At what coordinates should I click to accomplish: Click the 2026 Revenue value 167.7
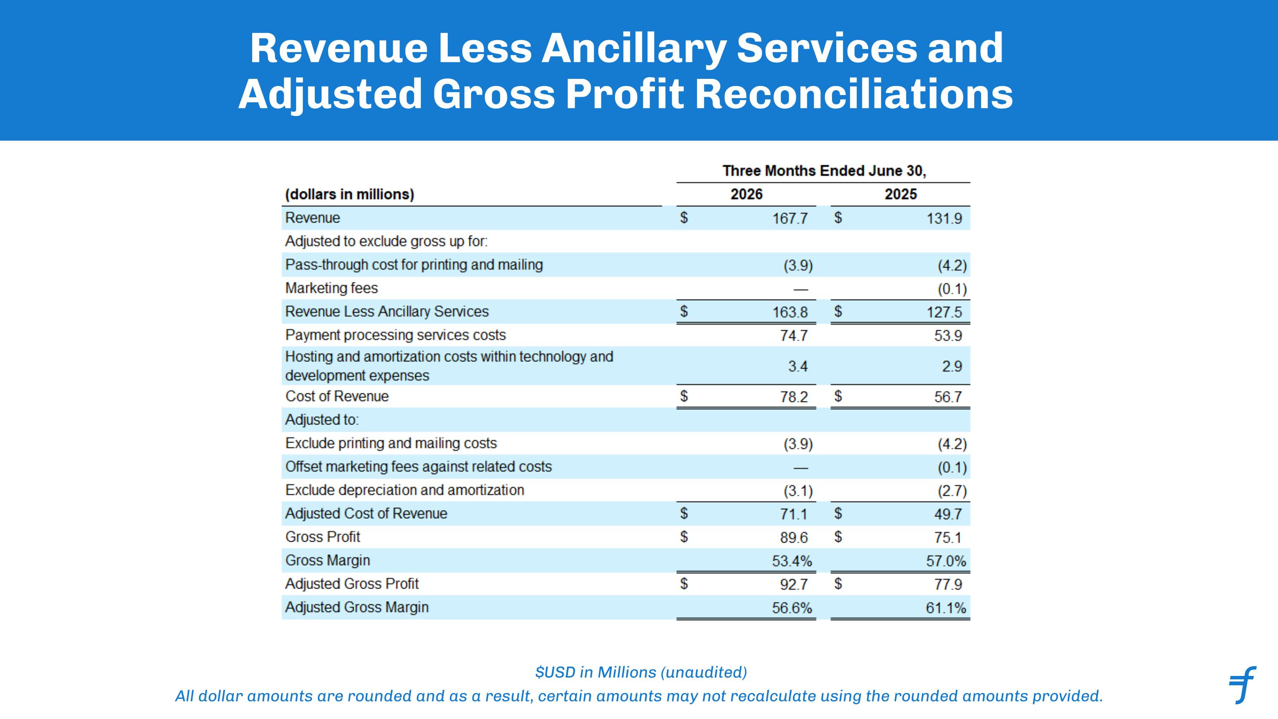click(790, 218)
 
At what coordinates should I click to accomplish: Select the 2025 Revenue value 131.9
click(944, 218)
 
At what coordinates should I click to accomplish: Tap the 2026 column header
click(746, 194)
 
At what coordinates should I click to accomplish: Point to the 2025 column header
click(901, 194)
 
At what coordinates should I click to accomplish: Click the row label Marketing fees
click(331, 288)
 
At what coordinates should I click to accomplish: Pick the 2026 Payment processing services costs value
click(794, 336)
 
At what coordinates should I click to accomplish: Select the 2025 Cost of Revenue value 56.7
click(948, 397)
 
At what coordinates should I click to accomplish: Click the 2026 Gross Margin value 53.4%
click(792, 561)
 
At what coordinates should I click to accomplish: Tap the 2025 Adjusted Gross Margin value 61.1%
click(946, 608)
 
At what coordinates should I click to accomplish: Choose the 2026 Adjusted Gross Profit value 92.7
click(794, 584)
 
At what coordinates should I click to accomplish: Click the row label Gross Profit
click(322, 537)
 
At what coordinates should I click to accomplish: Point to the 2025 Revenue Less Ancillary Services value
click(944, 312)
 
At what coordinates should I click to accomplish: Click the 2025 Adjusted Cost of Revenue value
click(948, 514)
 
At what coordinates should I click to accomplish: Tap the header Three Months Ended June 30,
click(824, 171)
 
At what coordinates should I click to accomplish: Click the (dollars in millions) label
click(349, 194)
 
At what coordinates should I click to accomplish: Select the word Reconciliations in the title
click(854, 94)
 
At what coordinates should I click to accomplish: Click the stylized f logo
click(1242, 685)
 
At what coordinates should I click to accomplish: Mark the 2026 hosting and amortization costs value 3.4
click(798, 367)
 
